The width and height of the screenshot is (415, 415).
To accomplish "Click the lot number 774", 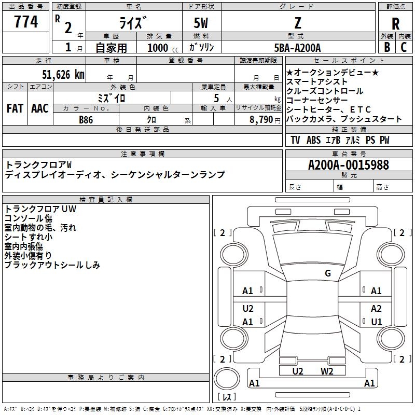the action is coord(26,22).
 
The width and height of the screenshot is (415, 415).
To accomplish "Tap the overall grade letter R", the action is coord(395,24).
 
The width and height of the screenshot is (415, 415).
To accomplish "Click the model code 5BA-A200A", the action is coord(297,48).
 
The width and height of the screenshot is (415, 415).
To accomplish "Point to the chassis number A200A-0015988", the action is coord(348,165).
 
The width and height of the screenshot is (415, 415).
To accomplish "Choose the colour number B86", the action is coord(86,119).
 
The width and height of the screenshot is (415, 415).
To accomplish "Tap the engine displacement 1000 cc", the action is coord(161,48).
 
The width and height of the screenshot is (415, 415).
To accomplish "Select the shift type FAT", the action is coord(15,108).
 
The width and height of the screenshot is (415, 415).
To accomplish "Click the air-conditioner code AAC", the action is coord(39,108).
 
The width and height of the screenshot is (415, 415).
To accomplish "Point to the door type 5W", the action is coord(202,24).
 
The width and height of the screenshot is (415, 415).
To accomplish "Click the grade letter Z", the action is coord(297,24).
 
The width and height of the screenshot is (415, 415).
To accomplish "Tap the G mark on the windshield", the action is coord(327,273).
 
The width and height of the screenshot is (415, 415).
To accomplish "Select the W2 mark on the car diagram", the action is coord(327,371).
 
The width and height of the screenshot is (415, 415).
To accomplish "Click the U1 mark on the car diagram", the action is coord(376,322).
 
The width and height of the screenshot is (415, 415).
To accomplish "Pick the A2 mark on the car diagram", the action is coord(376,308).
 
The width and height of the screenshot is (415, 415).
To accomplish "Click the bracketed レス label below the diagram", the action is coord(226,397).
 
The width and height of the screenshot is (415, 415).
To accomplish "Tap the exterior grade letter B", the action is coord(387,47).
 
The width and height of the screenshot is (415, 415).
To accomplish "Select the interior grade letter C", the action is coord(404,47).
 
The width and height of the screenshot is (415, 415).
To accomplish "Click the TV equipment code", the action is coord(295,140).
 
